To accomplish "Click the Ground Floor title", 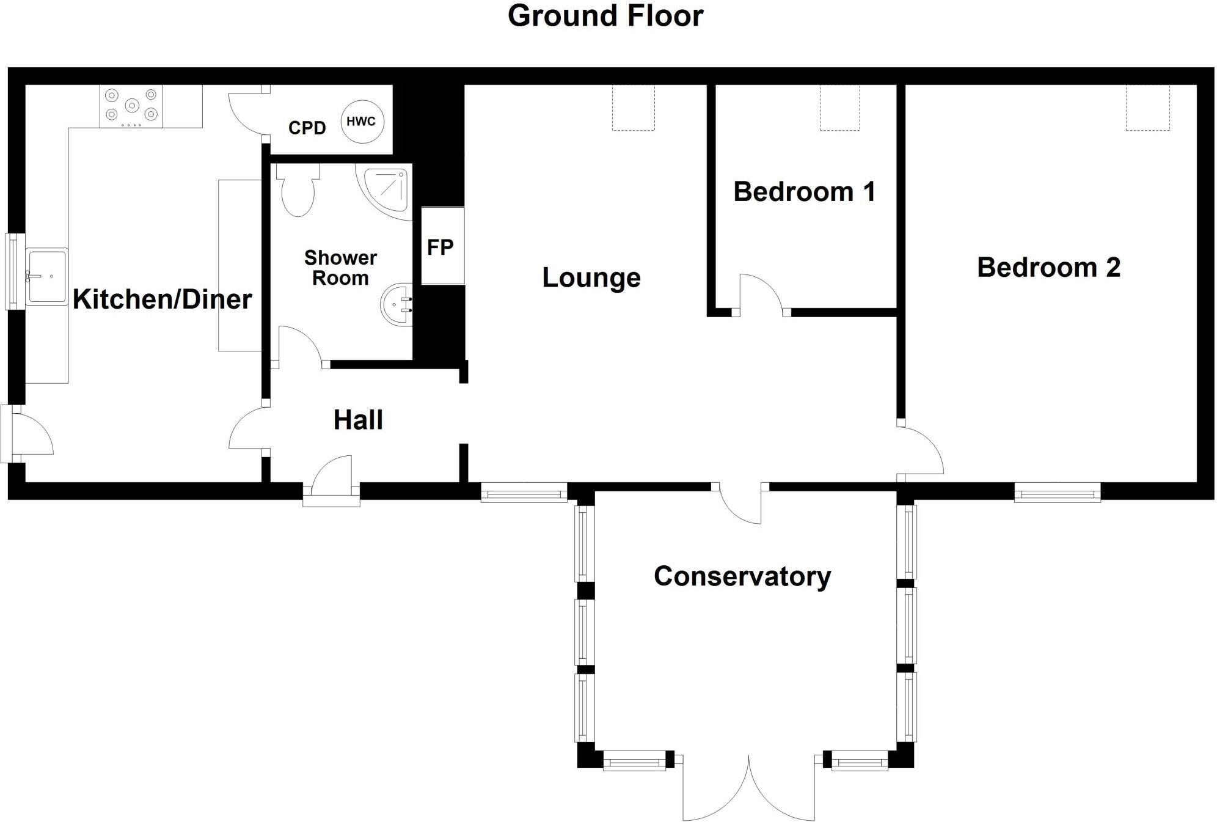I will click(605, 16).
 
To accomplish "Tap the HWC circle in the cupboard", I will click(361, 122).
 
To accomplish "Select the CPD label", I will click(307, 128).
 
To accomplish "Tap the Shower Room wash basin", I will click(398, 304).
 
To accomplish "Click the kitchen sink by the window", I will click(46, 276).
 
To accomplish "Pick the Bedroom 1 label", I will click(804, 192).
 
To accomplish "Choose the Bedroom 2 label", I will click(1048, 268).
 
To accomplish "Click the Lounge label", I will click(591, 277).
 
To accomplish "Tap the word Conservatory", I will click(742, 576).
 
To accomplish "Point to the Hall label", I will click(358, 420).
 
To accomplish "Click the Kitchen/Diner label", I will click(162, 299).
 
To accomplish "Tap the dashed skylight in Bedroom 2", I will click(1147, 108).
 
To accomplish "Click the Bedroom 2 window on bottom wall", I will click(1057, 492).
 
